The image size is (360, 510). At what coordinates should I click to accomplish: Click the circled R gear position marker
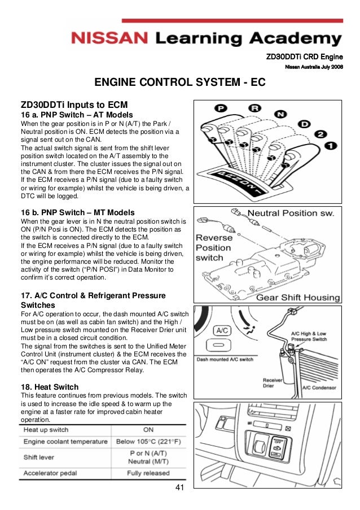pos(256,107)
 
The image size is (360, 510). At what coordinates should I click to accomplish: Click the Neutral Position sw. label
pos(291,213)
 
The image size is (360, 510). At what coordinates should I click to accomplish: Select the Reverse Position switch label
pos(213,247)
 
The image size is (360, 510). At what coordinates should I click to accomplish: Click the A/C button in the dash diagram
pos(221,330)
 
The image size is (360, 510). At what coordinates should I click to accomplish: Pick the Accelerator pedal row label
pos(51,473)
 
